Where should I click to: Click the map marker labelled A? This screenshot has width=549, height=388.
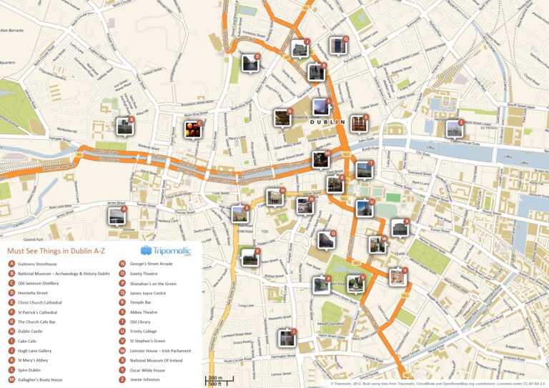point(117,214)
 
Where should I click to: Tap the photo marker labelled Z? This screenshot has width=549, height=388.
point(454,129)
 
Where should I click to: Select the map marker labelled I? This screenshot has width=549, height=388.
point(287,337)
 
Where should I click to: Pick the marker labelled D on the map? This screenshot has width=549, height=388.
point(251,63)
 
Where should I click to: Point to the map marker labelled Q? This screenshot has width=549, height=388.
point(338,46)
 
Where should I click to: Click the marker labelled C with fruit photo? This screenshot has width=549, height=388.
point(193,129)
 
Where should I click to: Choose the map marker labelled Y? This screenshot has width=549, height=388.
point(397,277)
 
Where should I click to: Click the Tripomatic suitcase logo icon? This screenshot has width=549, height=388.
point(146,251)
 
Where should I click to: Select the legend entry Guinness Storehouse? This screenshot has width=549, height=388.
point(37,264)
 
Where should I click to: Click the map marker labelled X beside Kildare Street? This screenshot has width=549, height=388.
point(400,228)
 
